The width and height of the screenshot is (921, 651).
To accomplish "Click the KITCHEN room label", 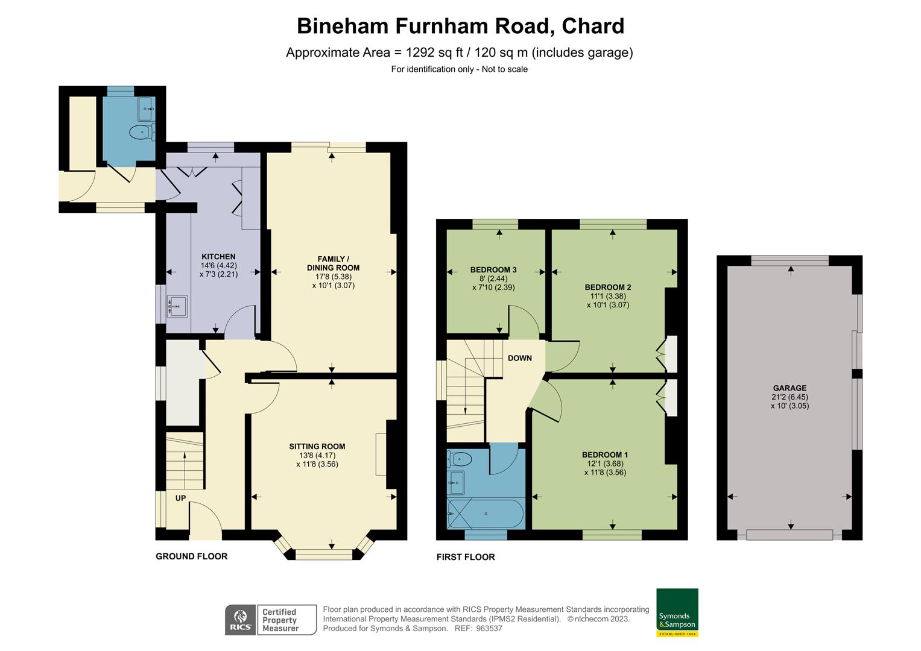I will [218, 257].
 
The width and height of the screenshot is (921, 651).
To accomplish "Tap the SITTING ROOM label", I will [317, 447].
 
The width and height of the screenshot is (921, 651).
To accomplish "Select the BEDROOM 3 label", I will [493, 270].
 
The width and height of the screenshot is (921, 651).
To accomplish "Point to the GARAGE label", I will [790, 388].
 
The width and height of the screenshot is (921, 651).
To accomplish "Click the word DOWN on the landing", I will [519, 358].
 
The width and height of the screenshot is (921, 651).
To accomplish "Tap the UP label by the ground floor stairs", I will [180, 498].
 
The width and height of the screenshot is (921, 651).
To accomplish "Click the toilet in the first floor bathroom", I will [460, 459].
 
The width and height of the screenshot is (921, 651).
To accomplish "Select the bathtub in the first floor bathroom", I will [486, 514].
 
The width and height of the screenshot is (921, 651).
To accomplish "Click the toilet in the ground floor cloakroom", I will [141, 131].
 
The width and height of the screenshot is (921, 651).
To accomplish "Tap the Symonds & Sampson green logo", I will [677, 612].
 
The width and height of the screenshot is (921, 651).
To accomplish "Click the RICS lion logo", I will [240, 620].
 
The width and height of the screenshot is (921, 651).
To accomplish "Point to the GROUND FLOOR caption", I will [192, 556].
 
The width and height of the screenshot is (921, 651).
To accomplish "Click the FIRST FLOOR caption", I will [466, 557].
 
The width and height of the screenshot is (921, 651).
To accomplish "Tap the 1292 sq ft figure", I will [429, 52].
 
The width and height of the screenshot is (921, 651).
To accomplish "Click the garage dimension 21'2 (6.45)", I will [790, 397].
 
